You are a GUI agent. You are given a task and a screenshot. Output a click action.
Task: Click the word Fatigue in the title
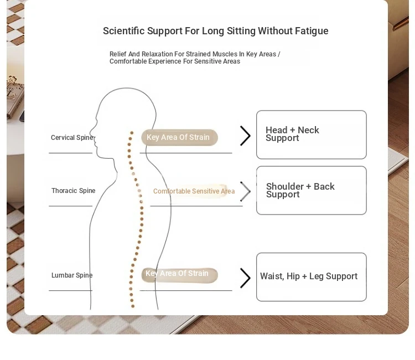312,31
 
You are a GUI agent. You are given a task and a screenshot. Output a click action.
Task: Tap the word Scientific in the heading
124,30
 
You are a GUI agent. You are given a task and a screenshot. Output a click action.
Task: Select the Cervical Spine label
72,138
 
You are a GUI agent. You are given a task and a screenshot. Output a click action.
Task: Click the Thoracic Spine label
73,190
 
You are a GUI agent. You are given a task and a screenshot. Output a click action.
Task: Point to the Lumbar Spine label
72,275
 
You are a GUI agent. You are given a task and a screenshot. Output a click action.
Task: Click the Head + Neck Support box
311,134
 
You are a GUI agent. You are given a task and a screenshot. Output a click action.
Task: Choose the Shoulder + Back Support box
311,190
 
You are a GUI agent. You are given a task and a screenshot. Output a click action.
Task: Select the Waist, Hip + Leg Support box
311,277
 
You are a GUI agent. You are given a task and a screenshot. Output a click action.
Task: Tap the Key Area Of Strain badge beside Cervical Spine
179,137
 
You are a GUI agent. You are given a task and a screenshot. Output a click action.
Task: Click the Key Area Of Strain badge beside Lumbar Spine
179,275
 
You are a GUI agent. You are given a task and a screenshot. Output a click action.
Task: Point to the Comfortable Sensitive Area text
194,191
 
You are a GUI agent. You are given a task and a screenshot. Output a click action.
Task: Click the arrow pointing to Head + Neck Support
245,135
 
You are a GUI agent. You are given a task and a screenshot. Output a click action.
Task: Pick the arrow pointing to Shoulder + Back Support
245,191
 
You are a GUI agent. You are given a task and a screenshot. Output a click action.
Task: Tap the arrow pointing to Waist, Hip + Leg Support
245,278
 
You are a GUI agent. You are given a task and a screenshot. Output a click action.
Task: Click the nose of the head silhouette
91,132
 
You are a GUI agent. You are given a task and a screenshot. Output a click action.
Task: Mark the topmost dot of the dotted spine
132,133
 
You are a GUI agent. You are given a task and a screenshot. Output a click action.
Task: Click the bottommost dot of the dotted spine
133,306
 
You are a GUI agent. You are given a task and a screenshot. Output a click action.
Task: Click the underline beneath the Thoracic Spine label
70,206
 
